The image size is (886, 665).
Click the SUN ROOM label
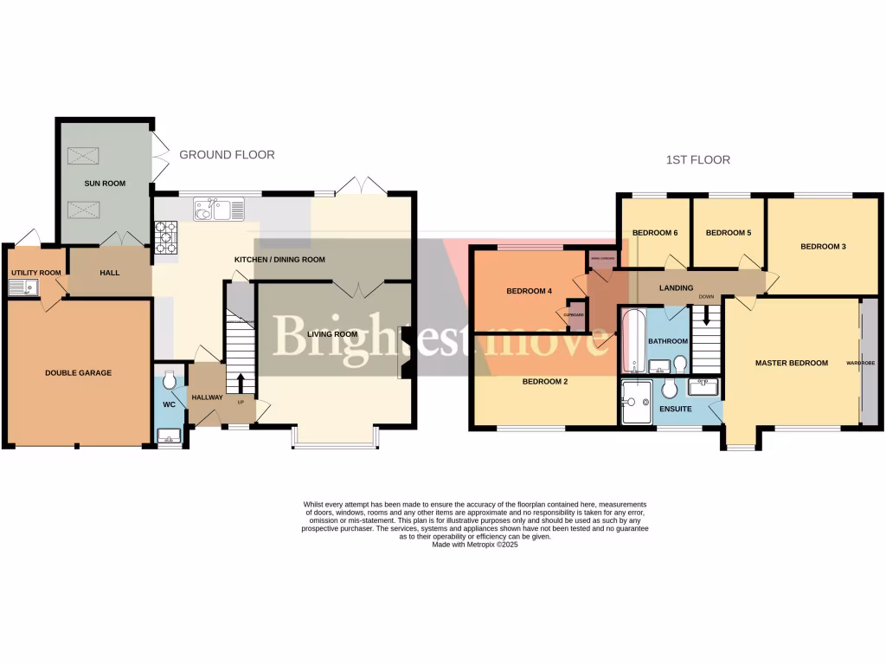[105, 184]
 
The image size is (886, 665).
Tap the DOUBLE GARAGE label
[78, 373]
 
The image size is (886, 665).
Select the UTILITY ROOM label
[35, 273]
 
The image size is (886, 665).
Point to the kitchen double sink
[219, 209]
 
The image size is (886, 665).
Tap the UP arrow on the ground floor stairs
[241, 384]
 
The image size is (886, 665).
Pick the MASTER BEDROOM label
[791, 363]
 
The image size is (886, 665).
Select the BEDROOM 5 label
[726, 233]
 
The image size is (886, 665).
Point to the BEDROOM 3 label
[822, 247]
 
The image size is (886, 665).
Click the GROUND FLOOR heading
[227, 155]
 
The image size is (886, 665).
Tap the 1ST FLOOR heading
[697, 160]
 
